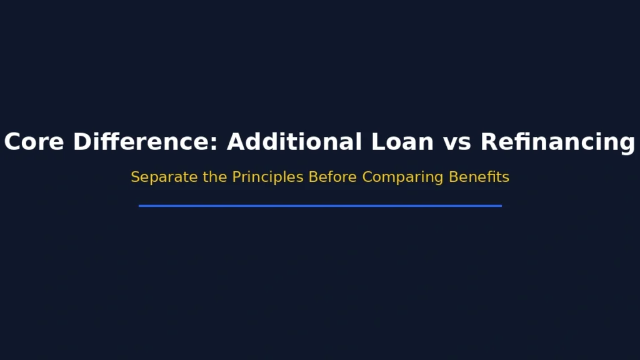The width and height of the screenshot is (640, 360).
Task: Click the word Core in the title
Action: (x=35, y=142)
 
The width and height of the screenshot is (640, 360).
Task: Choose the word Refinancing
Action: (x=557, y=142)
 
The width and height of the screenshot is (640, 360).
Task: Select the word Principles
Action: (x=268, y=177)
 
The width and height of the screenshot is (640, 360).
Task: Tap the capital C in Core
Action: (x=12, y=142)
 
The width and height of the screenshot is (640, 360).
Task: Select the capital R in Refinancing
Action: (x=488, y=142)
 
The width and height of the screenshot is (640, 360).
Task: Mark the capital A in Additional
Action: (x=236, y=142)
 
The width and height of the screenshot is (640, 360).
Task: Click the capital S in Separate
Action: (x=135, y=177)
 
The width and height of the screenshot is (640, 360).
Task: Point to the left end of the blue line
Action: (x=140, y=206)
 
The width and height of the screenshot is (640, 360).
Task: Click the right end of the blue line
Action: (x=501, y=206)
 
